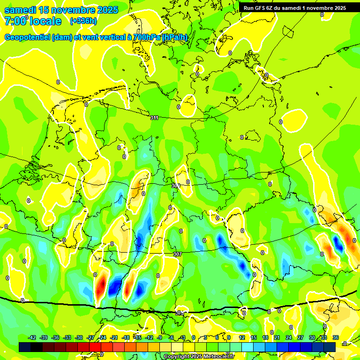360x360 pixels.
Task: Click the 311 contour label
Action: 154,117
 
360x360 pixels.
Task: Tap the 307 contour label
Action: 177,254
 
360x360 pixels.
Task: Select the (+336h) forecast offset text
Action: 83,21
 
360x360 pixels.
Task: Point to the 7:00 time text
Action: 15,21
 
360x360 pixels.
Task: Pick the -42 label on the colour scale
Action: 32,337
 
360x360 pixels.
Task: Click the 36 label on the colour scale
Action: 335,337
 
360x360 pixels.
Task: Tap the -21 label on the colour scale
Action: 114,337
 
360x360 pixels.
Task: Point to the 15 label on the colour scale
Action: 254,337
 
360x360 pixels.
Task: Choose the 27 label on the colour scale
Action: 300,337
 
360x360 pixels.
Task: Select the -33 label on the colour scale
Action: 67,337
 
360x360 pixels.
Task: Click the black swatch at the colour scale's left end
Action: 25,347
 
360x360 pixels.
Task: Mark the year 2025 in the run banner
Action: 337,8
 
